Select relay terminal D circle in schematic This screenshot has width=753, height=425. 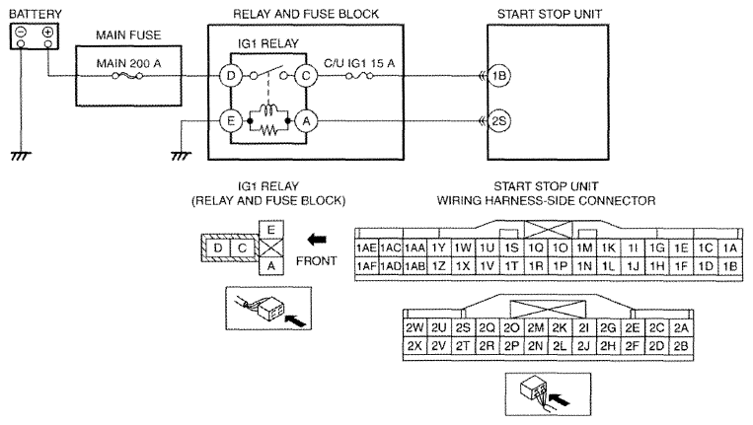click(230, 74)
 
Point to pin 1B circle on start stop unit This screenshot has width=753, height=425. click(498, 74)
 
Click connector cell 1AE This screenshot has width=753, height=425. click(366, 248)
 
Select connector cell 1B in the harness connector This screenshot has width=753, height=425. click(730, 266)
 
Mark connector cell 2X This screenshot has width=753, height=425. click(414, 346)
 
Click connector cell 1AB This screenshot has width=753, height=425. click(414, 266)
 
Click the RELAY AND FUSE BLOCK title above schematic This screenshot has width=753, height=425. click(305, 12)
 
